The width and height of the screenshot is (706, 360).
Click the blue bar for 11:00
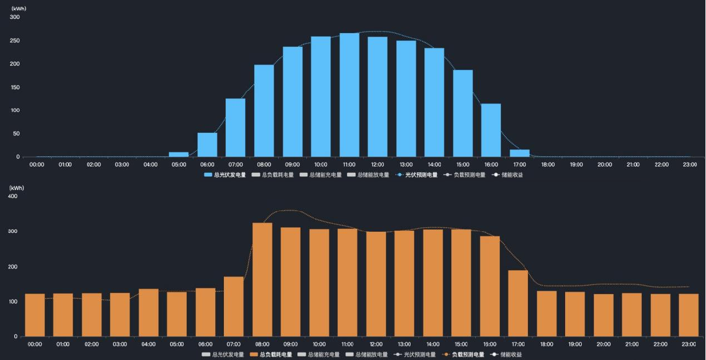tap(349, 95)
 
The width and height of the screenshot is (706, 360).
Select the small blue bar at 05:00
tap(179, 155)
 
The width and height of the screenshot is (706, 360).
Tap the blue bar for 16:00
tap(491, 130)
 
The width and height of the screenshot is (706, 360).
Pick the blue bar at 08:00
tap(264, 111)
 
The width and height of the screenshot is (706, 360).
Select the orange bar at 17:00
tap(518, 303)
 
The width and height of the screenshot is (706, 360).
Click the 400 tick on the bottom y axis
tap(13, 196)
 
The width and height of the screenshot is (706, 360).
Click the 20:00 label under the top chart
tap(605, 165)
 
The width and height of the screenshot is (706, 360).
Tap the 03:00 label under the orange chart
tap(120, 345)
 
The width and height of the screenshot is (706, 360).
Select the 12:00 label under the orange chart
tap(376, 345)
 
